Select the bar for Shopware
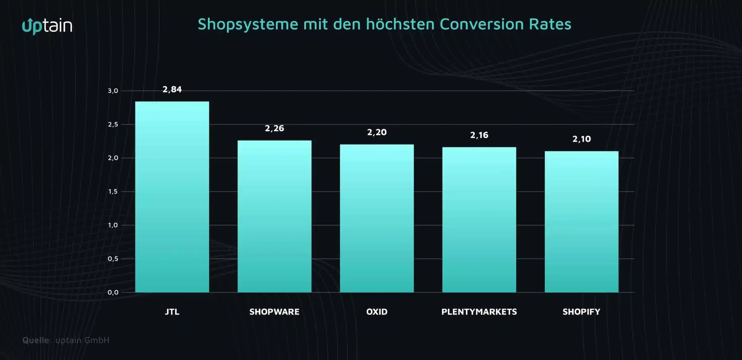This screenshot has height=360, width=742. pos(274,216)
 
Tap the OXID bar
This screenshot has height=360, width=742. pos(377,218)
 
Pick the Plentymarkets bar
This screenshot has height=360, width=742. pos(479,219)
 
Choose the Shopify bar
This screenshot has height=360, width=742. pos(581,222)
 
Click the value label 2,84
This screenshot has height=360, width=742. pos(172,90)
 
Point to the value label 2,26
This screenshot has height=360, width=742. pos(274,129)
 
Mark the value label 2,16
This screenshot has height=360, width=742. pos(479,135)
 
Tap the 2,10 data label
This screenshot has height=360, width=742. pos(581,139)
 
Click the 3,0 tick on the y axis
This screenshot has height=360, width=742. pos(113,91)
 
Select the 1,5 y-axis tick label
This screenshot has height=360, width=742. pos(113,192)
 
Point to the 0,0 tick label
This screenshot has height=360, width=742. pos(113,292)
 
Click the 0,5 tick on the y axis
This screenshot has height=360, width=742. pos(113,259)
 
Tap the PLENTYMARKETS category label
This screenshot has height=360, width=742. pos(479,312)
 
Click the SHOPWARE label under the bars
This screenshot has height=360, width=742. pos(274,312)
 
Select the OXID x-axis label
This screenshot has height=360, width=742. pos(377,312)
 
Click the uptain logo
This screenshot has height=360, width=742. pos(47,26)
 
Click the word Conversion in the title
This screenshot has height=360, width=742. pos(481,24)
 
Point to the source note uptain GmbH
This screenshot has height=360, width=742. pos(82,340)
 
